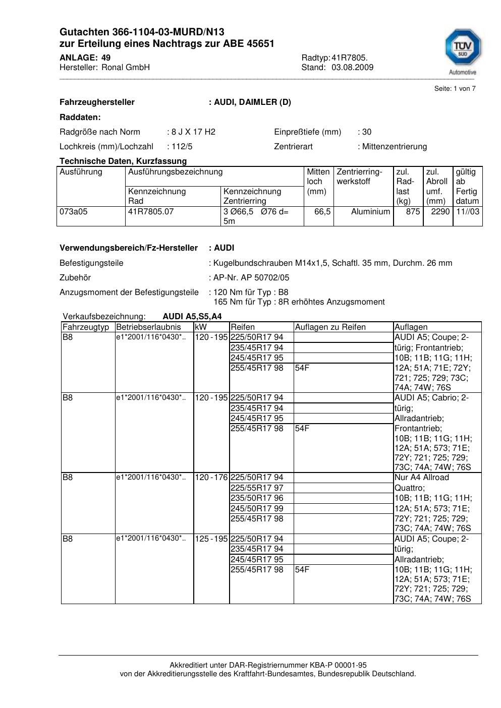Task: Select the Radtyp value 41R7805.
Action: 350,57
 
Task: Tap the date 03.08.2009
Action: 352,68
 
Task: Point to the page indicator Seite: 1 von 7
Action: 455,89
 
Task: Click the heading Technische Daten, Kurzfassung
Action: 123,161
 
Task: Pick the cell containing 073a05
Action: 74,212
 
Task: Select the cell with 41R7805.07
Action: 151,212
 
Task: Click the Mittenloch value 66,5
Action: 322,212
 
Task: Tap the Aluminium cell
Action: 370,212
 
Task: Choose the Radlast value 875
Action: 413,212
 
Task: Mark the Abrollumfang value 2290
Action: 440,212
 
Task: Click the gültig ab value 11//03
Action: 468,212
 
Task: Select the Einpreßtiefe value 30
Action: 367,132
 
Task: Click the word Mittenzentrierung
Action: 395,147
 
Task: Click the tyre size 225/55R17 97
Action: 257,488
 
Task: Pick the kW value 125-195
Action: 211,539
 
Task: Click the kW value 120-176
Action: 211,478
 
